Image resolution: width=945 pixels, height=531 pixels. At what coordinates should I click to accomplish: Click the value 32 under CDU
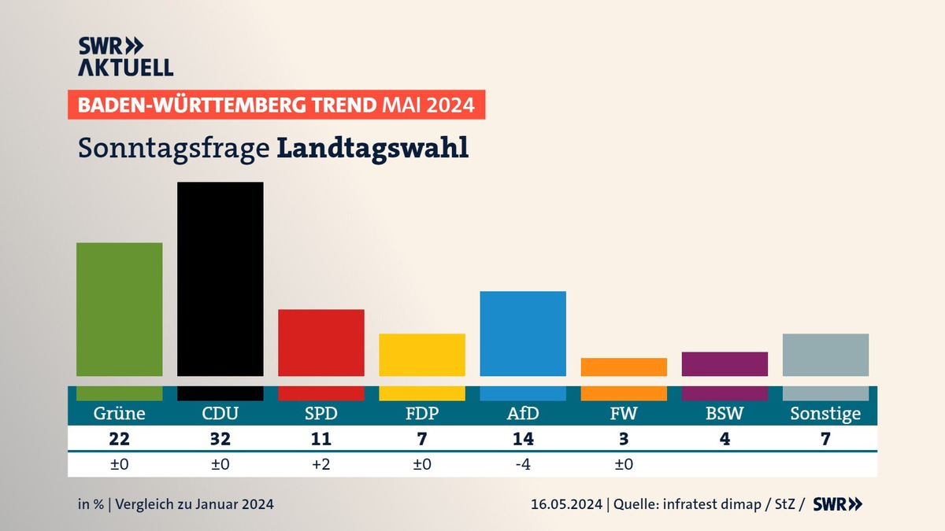[220, 439]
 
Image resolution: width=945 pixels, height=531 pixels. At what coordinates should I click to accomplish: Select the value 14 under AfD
[523, 439]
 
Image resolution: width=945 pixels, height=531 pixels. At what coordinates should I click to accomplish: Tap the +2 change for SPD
[321, 464]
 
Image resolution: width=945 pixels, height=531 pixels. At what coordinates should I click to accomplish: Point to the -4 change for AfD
[523, 464]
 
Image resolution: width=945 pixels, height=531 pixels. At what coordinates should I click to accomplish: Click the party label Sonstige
[825, 414]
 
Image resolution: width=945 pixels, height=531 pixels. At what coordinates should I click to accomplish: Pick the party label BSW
[724, 414]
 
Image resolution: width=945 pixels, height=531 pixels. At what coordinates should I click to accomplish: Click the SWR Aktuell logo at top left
[125, 57]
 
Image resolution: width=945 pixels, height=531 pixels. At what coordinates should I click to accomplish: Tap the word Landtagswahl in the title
[372, 148]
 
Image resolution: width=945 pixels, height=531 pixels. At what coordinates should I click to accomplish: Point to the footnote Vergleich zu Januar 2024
[195, 504]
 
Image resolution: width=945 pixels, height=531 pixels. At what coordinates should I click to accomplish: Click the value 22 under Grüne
[119, 439]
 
